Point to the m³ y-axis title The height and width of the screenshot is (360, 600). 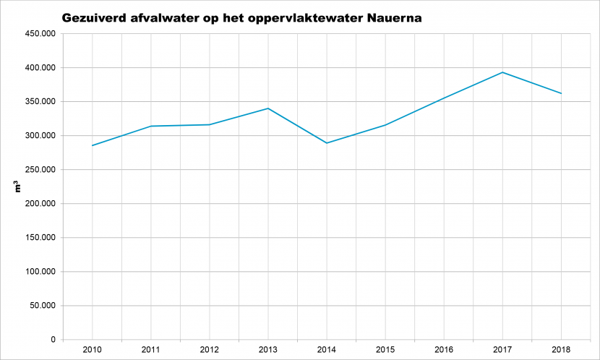point(17,187)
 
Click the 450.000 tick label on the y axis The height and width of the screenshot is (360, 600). point(40,34)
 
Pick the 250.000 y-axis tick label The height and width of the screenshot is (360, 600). point(40,169)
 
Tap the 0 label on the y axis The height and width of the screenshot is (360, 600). point(53,339)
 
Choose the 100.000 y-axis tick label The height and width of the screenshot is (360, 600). point(40,272)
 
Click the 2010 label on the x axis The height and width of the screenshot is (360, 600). point(93,349)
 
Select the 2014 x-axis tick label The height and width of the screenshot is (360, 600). point(327,349)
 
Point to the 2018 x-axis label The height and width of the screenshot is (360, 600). point(561,349)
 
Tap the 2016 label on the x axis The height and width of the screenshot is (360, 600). point(444,349)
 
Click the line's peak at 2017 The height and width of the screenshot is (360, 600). point(502,72)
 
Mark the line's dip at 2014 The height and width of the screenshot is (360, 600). point(327,143)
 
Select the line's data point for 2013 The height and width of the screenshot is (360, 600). point(268,108)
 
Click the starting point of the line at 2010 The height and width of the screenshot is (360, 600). point(93,145)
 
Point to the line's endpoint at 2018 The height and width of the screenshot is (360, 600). point(561,93)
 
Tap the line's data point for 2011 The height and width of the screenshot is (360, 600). point(151,126)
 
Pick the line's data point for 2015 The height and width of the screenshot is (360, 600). point(385,125)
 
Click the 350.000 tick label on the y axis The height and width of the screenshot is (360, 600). point(40,101)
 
